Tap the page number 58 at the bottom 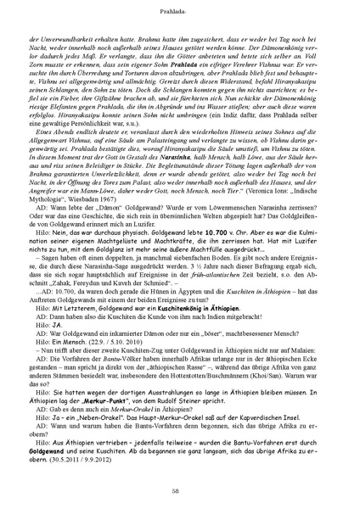(180, 490)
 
